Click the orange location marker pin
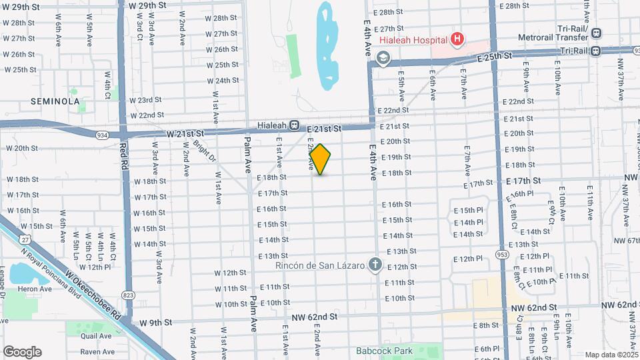321,159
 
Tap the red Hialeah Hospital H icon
457,39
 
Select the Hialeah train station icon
293,125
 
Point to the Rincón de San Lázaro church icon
375,265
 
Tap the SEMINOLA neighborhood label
55,101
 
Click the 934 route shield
102,135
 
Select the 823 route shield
128,294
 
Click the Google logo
22,351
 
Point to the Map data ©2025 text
611,355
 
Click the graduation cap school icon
383,59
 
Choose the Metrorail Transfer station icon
595,33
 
